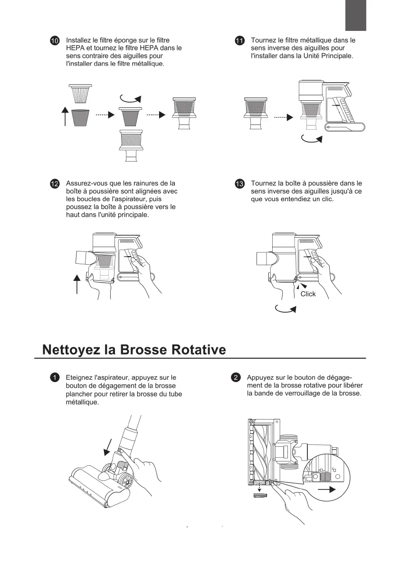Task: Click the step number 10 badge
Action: coord(55,41)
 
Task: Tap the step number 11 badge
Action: coord(239,41)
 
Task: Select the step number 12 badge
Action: coord(55,183)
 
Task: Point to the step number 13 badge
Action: coord(239,183)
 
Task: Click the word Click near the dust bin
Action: coord(308,294)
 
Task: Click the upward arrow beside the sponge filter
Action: coord(65,116)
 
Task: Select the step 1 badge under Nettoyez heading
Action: coord(55,377)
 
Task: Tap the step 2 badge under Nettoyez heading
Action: coord(236,377)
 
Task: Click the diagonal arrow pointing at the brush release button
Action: coord(108,447)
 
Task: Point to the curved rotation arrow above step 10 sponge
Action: coord(131,98)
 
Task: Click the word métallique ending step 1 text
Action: coord(82,402)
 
